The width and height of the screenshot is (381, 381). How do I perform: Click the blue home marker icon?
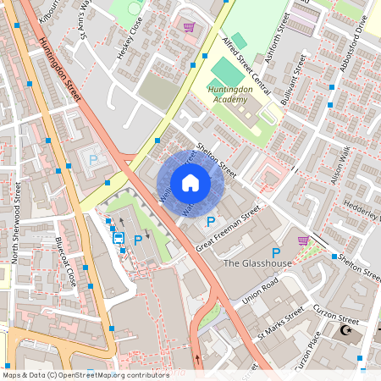[x=190, y=183]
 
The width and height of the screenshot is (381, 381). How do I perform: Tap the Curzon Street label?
[x=336, y=315]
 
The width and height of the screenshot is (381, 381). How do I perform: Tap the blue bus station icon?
[x=119, y=238]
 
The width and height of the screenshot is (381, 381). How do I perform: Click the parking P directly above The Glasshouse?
[x=275, y=252]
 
